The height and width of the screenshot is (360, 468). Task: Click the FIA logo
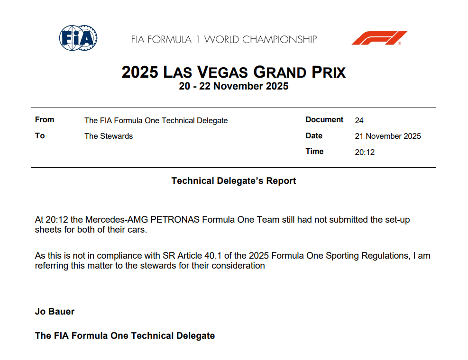pyautogui.click(x=78, y=38)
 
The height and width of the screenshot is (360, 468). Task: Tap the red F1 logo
pyautogui.click(x=379, y=38)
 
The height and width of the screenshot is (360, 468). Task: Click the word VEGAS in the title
pyautogui.click(x=222, y=72)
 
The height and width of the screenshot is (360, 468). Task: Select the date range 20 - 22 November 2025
pyautogui.click(x=234, y=86)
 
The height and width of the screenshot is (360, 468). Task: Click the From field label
pyautogui.click(x=45, y=119)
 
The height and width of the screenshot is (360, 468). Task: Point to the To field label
pyautogui.click(x=40, y=135)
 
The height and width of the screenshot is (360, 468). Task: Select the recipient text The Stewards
pyautogui.click(x=109, y=136)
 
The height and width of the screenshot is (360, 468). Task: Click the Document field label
pyautogui.click(x=324, y=119)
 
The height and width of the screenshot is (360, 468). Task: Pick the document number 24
pyautogui.click(x=359, y=120)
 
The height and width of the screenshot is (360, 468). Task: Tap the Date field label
pyautogui.click(x=314, y=135)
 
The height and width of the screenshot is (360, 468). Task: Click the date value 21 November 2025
pyautogui.click(x=388, y=136)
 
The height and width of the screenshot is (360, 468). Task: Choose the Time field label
pyautogui.click(x=314, y=151)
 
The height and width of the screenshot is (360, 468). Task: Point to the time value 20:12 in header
pyautogui.click(x=365, y=152)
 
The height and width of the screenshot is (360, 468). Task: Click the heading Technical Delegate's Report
pyautogui.click(x=234, y=181)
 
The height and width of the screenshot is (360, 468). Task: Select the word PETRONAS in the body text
pyautogui.click(x=175, y=219)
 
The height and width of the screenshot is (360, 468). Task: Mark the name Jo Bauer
pyautogui.click(x=55, y=311)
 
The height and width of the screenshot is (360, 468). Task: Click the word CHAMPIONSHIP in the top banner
pyautogui.click(x=279, y=39)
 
